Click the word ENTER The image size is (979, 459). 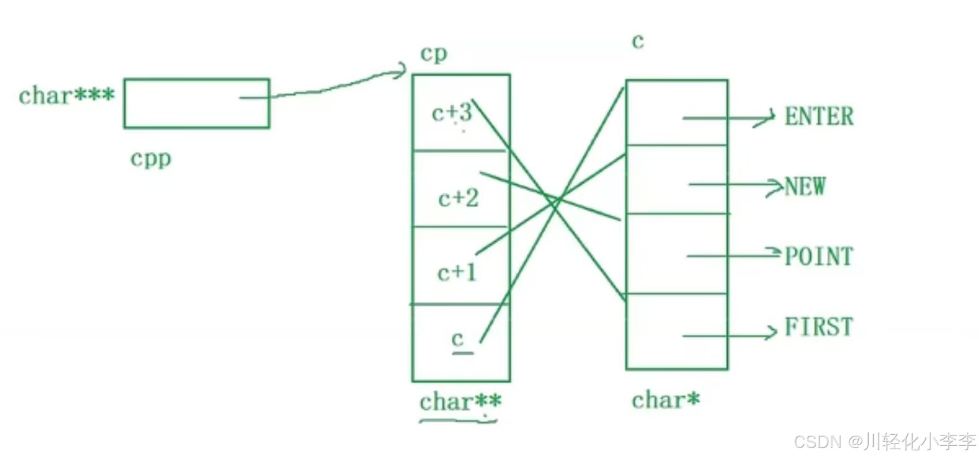818,117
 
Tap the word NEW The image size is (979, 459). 805,186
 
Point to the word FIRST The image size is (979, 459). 818,327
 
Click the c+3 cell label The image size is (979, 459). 452,113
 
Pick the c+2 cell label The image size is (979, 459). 458,199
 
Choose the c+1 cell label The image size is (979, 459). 457,273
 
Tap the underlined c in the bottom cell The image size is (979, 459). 458,339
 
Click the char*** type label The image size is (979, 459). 66,96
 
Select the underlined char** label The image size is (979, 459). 460,402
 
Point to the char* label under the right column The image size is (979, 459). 665,400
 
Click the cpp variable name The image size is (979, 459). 151,159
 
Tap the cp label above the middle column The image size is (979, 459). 433,54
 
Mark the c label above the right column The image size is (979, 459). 638,42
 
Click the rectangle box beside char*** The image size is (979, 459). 196,103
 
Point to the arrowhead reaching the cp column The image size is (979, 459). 401,72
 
